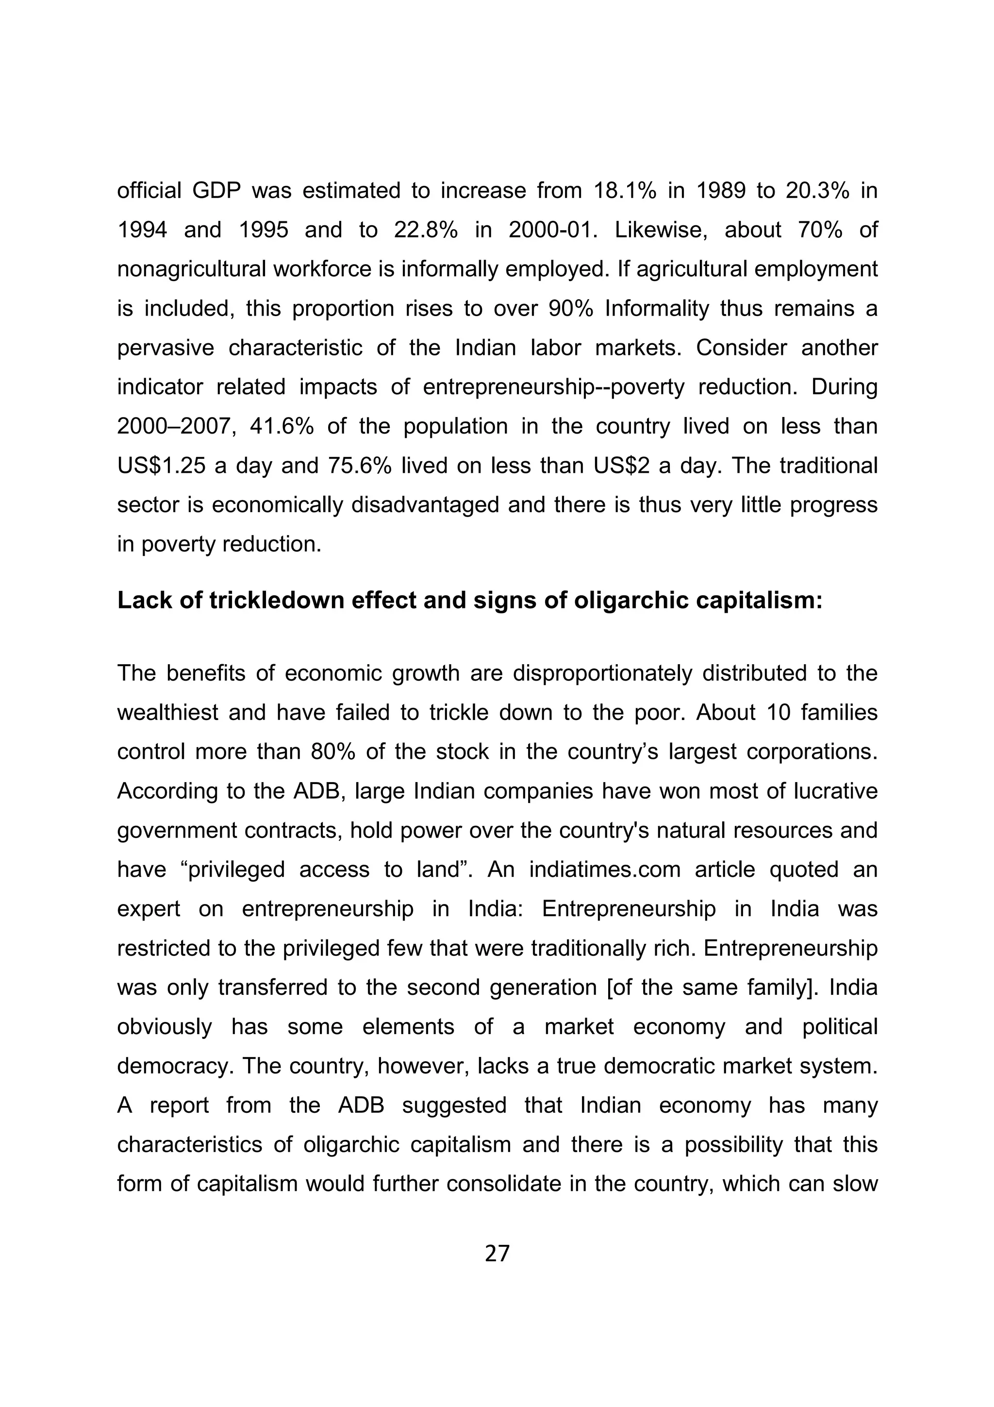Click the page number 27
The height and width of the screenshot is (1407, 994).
(x=497, y=1254)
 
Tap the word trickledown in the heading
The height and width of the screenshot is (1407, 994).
(x=275, y=600)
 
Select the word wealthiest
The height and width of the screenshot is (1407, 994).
(x=167, y=713)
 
